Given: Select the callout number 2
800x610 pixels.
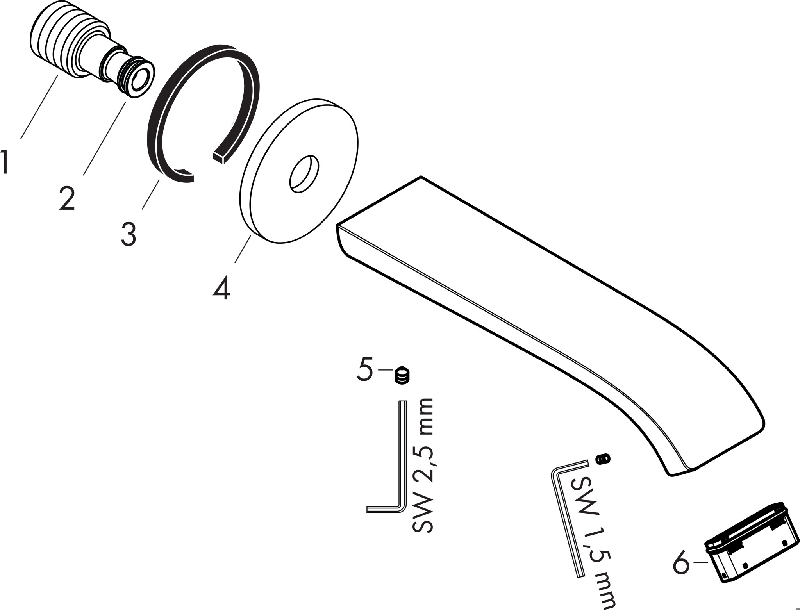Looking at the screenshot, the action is [67, 198].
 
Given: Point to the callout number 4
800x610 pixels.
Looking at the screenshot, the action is [221, 288].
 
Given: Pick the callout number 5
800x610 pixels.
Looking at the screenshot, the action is [365, 369].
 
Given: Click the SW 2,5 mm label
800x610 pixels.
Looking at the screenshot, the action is [423, 466].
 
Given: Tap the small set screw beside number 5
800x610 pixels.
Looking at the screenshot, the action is [402, 376].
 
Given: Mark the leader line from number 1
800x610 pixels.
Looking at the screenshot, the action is [39, 107].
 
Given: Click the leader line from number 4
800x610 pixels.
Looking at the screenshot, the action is [243, 249].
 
